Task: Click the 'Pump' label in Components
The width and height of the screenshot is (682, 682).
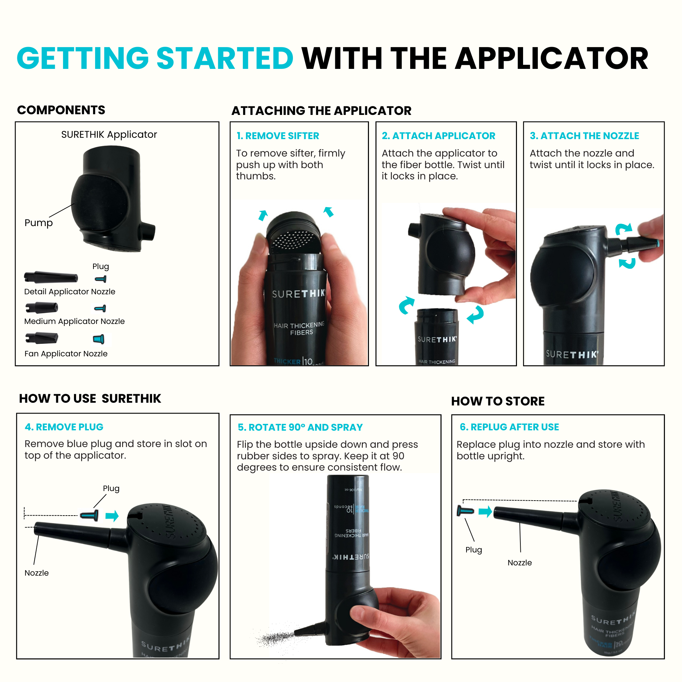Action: pos(39,223)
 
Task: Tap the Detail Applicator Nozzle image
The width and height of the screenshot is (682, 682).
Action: pos(51,278)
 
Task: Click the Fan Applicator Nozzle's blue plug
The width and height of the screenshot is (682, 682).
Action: pos(99,339)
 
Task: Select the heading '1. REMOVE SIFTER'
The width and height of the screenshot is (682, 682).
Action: pos(278,136)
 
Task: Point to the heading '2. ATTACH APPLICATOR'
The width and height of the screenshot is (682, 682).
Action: pos(439,136)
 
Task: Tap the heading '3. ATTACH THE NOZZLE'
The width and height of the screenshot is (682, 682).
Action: pos(584,136)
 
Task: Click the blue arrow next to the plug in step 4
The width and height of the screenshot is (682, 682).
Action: pos(112,516)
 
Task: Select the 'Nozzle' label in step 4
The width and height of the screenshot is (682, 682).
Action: pos(37,573)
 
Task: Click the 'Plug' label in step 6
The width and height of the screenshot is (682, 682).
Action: pos(473,550)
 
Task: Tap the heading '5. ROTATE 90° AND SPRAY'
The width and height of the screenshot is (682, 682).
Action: pos(300,428)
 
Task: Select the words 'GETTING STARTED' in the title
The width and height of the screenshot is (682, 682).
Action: pos(155,58)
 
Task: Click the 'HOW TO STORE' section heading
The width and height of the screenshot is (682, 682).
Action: pos(498,401)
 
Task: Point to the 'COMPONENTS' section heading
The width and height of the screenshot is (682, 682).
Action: pos(61,110)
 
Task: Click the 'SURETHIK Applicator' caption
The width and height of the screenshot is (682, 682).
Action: pos(109,134)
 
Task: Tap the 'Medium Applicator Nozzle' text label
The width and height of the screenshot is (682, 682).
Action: pos(74,321)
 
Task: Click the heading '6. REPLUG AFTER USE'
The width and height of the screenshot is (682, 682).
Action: pos(509,427)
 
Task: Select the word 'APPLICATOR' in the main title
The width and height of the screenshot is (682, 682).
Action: pos(551,58)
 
